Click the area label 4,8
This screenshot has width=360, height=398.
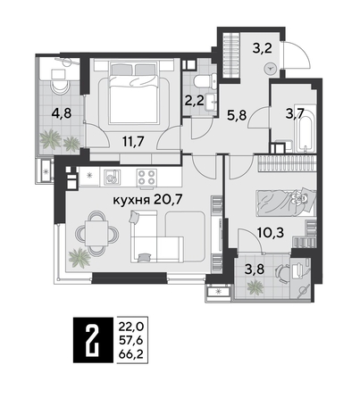(x=61, y=112)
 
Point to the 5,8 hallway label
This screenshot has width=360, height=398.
(x=235, y=114)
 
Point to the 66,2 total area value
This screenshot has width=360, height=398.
(x=129, y=354)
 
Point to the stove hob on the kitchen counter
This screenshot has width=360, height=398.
(x=145, y=174)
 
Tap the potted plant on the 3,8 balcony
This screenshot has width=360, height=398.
(x=255, y=286)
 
